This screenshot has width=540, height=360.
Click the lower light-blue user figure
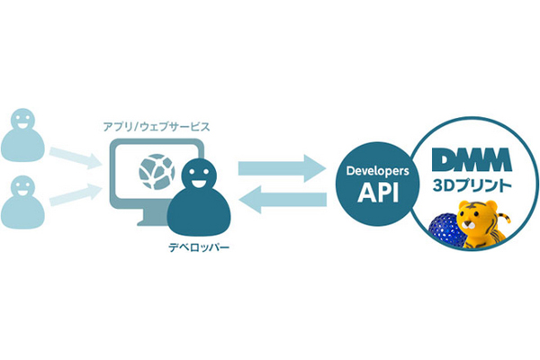22,203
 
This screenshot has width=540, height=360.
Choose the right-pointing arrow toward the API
280,167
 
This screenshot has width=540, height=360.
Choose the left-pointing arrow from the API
280,202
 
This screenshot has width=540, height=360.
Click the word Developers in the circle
372,170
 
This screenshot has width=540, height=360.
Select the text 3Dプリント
473,187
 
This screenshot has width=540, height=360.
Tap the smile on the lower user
22,192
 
